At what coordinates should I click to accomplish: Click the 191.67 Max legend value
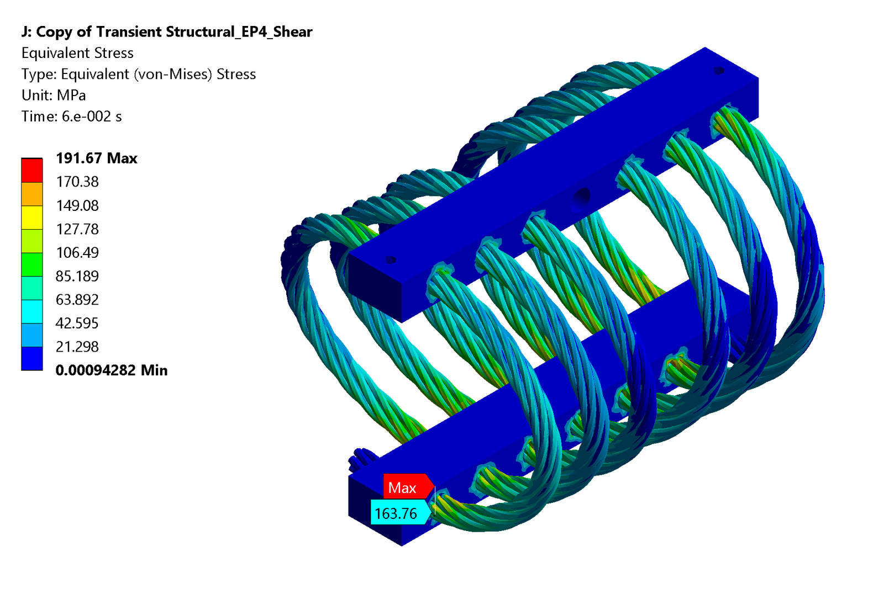tap(97, 158)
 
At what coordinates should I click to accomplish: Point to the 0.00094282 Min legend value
tap(112, 370)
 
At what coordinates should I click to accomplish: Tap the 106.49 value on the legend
tap(77, 252)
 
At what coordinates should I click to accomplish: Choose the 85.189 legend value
tap(77, 276)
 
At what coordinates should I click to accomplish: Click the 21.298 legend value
tap(77, 347)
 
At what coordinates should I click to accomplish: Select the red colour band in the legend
tap(32, 171)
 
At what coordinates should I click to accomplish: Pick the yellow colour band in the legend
tap(32, 217)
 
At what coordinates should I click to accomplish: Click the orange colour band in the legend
tap(32, 194)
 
